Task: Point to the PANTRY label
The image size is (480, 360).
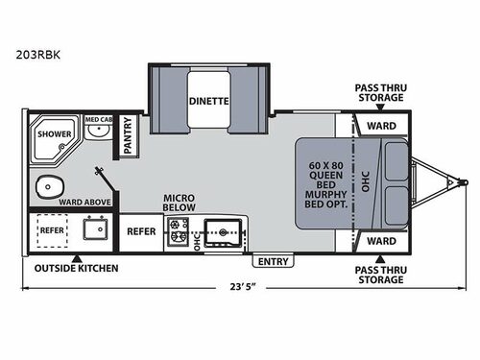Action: pyautogui.click(x=129, y=141)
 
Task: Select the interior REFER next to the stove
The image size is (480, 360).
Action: pyautogui.click(x=141, y=231)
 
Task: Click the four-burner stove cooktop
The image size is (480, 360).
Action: pyautogui.click(x=178, y=230)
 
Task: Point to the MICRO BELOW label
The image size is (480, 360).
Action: pyautogui.click(x=179, y=202)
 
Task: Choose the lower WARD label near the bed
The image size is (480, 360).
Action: pyautogui.click(x=381, y=240)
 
